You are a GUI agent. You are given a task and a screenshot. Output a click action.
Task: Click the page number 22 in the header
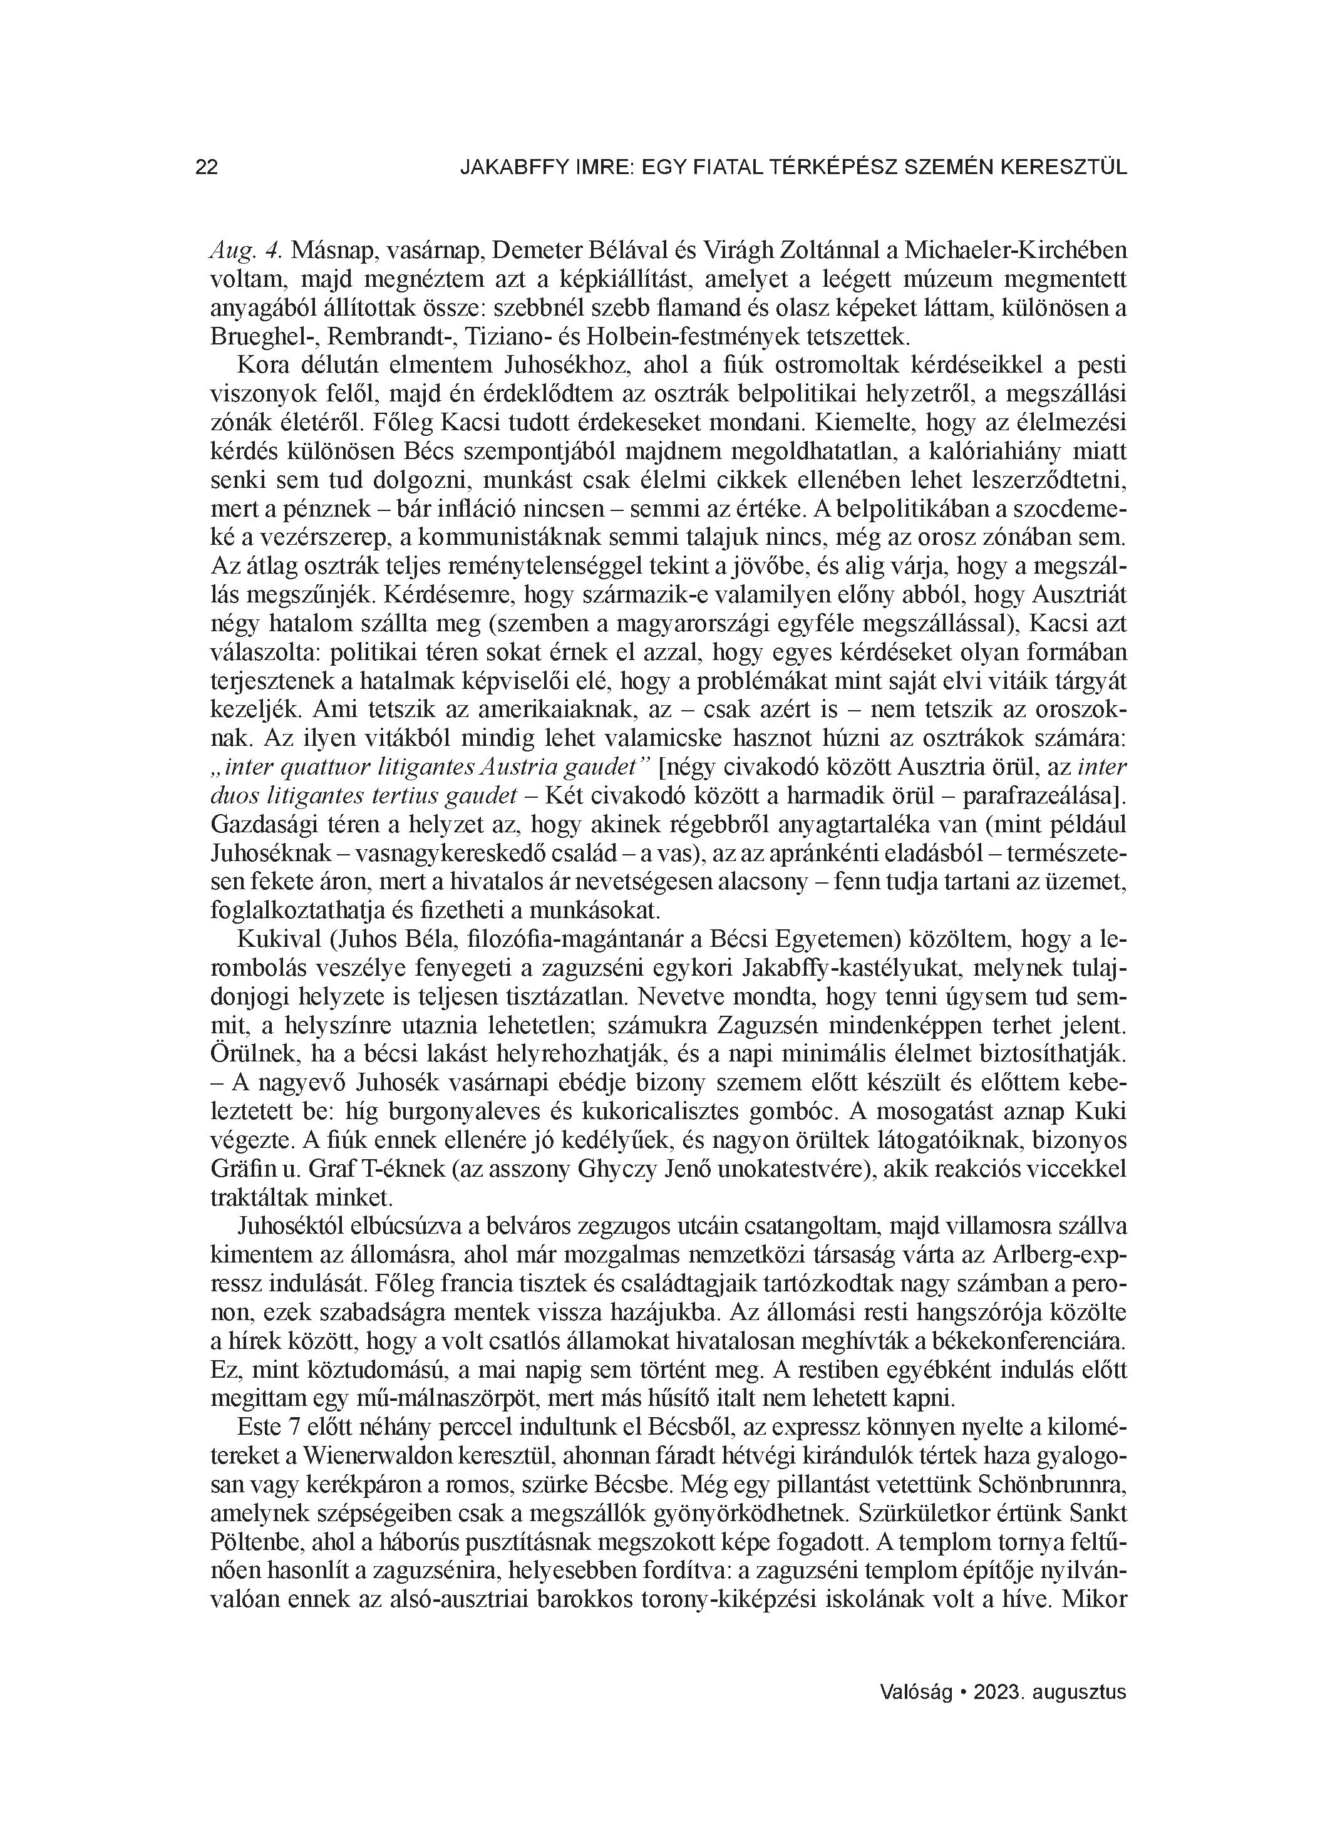click(x=207, y=168)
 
